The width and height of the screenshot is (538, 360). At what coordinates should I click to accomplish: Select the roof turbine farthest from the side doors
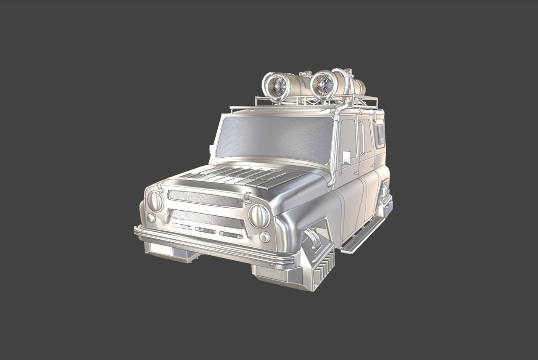click(x=276, y=87)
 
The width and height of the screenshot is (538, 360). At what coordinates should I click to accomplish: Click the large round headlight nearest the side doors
click(x=259, y=216)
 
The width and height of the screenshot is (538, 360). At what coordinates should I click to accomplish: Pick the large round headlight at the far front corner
click(x=156, y=201)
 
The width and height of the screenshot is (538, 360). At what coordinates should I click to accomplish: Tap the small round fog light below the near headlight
click(x=264, y=237)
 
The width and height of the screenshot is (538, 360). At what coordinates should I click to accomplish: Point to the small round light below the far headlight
click(x=151, y=217)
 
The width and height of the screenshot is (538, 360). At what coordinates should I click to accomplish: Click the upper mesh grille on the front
click(x=205, y=199)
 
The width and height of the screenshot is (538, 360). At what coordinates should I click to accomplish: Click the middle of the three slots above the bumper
click(x=206, y=230)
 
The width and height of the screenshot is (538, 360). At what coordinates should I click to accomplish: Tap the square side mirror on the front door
click(x=346, y=157)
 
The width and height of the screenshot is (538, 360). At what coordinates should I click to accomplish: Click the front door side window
click(x=348, y=137)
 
